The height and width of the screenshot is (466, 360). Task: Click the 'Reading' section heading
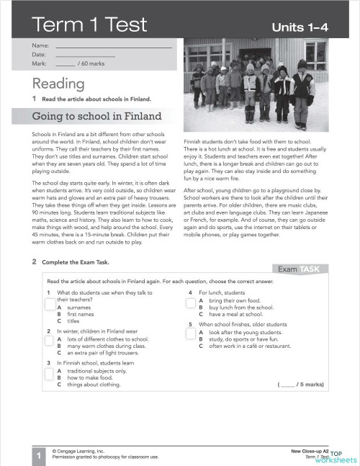pyautogui.click(x=58, y=84)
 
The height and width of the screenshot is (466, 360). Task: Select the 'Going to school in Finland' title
pyautogui.click(x=97, y=117)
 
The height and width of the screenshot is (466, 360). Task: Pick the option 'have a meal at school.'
pyautogui.click(x=230, y=315)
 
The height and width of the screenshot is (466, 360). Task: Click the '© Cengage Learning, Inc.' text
pyautogui.click(x=79, y=449)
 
